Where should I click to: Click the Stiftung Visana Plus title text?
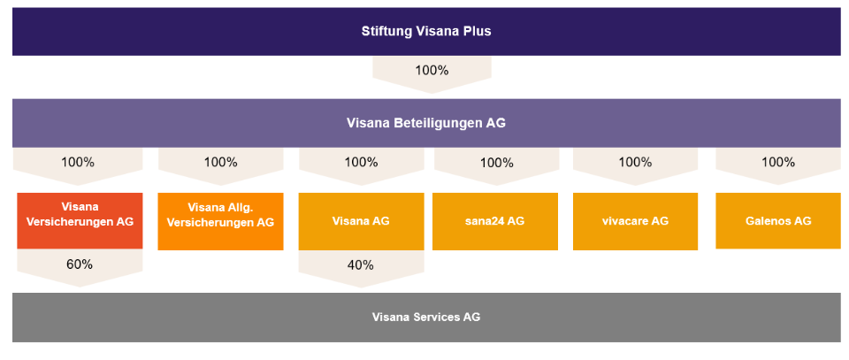pyautogui.click(x=426, y=31)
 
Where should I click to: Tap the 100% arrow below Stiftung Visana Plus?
pyautogui.click(x=432, y=74)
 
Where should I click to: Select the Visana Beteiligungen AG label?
pyautogui.click(x=426, y=124)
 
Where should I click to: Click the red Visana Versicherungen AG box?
pyautogui.click(x=80, y=221)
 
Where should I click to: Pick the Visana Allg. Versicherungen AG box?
pyautogui.click(x=220, y=221)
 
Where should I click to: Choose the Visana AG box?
pyautogui.click(x=361, y=221)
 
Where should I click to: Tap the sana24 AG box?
pyautogui.click(x=495, y=221)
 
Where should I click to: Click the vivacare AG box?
pyautogui.click(x=635, y=221)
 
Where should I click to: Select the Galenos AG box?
pyautogui.click(x=778, y=221)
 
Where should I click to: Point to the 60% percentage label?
pyautogui.click(x=80, y=264)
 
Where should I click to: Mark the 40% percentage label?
pyautogui.click(x=361, y=264)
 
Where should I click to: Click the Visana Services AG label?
pyautogui.click(x=426, y=318)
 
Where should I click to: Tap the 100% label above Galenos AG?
pyautogui.click(x=778, y=162)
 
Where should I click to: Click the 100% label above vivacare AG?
pyautogui.click(x=635, y=162)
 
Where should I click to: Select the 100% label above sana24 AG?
pyautogui.click(x=496, y=162)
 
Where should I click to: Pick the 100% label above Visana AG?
pyautogui.click(x=361, y=162)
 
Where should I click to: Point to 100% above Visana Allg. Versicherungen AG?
pyautogui.click(x=220, y=162)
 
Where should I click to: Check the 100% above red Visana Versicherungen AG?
pyautogui.click(x=78, y=162)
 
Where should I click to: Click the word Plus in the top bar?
pyautogui.click(x=478, y=31)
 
